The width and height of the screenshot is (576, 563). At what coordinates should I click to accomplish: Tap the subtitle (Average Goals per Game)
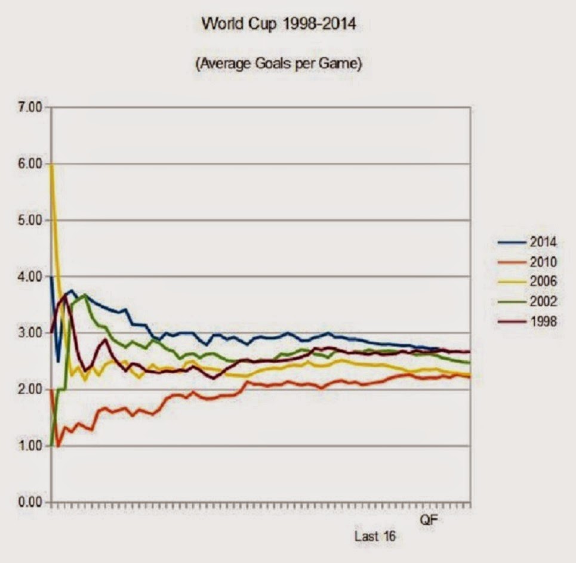pyautogui.click(x=279, y=64)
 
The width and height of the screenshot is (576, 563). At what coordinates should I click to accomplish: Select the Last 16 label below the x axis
pyautogui.click(x=375, y=536)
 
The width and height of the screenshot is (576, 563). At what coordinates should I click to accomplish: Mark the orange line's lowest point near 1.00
pyautogui.click(x=58, y=446)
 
